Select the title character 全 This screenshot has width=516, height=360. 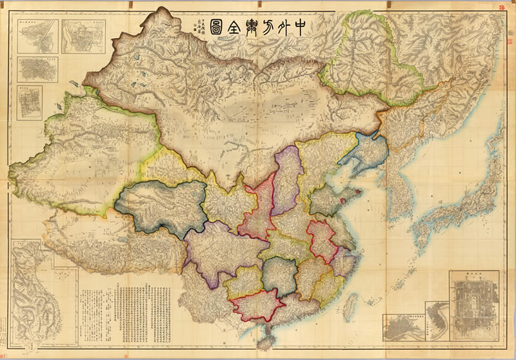[239, 29]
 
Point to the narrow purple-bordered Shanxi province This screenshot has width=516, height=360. [288, 178]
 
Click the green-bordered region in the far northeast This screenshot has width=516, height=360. [371, 58]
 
